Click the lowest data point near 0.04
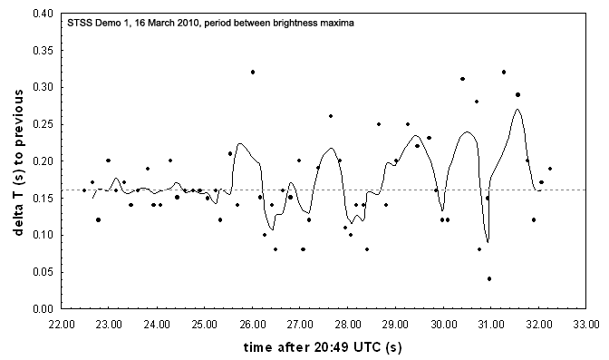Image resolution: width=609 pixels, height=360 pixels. pos(489,279)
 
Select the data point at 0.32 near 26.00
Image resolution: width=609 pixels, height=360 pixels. pos(253,72)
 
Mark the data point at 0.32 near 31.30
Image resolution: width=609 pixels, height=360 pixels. pos(504,72)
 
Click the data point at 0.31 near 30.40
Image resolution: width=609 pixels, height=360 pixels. pos(462,79)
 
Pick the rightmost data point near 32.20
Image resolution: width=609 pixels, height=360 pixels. pos(549,169)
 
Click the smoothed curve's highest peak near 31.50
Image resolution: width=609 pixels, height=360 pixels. pos(517,110)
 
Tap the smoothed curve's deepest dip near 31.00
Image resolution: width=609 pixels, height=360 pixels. pos(488,242)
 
